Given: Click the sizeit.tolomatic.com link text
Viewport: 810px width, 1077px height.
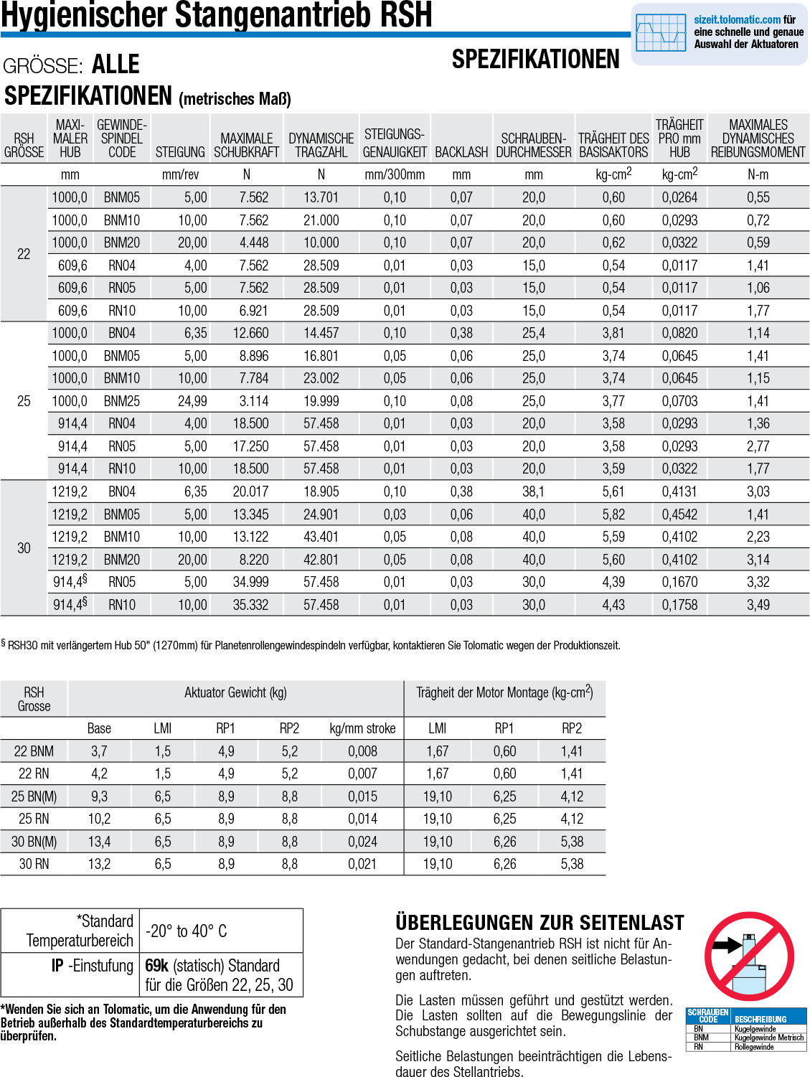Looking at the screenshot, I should click(x=737, y=20).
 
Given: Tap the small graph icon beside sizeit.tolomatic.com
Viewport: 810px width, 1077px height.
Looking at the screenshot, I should click(x=661, y=33).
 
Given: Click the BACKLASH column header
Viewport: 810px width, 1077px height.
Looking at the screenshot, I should click(x=461, y=152).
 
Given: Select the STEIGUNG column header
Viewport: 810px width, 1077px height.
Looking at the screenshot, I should click(x=180, y=152).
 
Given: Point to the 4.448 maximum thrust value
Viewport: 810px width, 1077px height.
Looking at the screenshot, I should click(x=253, y=243).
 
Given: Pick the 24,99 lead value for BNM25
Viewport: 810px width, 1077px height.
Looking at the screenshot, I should click(x=192, y=401).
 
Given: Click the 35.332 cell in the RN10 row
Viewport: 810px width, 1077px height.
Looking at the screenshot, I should click(x=250, y=605).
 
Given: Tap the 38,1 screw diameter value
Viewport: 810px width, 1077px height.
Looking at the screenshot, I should click(x=533, y=492).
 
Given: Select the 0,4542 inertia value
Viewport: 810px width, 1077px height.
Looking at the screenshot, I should click(x=679, y=514).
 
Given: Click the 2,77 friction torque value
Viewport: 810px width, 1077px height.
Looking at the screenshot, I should click(x=758, y=446).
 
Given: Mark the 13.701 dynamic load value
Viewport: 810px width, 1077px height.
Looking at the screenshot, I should click(x=321, y=197).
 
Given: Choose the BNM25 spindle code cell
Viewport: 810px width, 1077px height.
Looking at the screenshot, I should click(x=122, y=401).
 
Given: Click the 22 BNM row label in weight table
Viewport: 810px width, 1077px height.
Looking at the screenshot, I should click(x=34, y=751).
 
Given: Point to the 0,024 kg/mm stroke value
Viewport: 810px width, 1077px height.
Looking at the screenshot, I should click(x=362, y=842).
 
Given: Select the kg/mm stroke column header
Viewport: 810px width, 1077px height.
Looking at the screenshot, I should click(x=362, y=728).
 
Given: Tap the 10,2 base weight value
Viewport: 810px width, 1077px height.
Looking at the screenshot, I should click(x=99, y=819).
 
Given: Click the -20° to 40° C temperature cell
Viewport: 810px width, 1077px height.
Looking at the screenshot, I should click(x=187, y=931).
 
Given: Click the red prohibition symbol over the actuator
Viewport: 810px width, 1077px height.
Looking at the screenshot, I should click(x=749, y=956).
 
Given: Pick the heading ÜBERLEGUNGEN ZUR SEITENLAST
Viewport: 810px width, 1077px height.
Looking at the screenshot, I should click(x=540, y=923).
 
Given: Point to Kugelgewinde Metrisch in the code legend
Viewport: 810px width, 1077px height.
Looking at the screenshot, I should click(x=768, y=1038).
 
